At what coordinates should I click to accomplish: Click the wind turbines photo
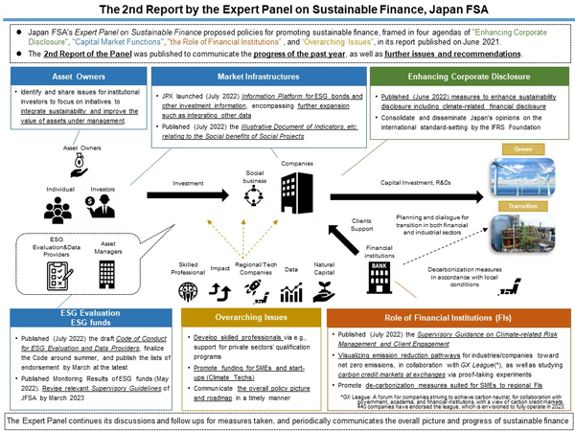(x=523, y=176)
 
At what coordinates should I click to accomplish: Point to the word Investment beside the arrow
(x=187, y=183)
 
